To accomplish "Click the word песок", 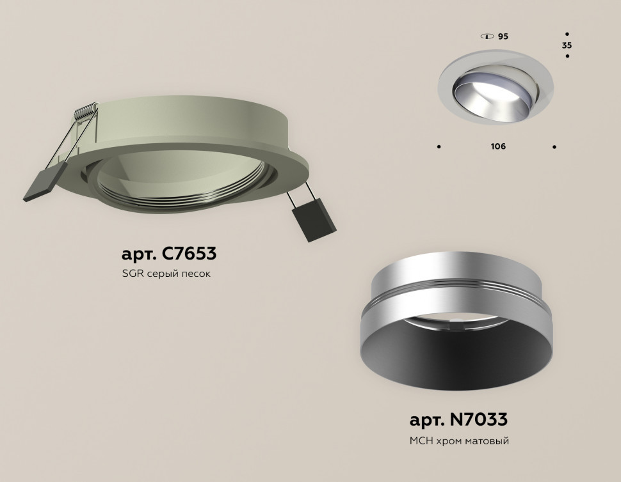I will [196, 274].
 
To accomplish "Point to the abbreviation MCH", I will [421, 441].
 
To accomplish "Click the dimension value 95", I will [503, 36].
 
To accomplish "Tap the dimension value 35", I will [567, 45].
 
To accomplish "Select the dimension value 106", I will [498, 146].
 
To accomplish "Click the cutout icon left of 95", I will [488, 36].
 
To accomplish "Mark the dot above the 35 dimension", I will [567, 33].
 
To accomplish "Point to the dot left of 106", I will [439, 147].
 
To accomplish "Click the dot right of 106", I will [554, 147].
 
